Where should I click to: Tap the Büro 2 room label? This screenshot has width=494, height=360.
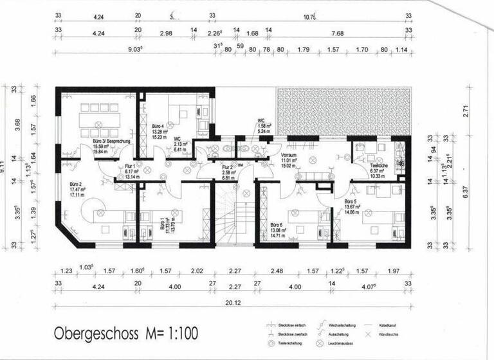[x=78, y=185]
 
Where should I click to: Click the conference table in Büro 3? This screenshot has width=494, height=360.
[x=95, y=120]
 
